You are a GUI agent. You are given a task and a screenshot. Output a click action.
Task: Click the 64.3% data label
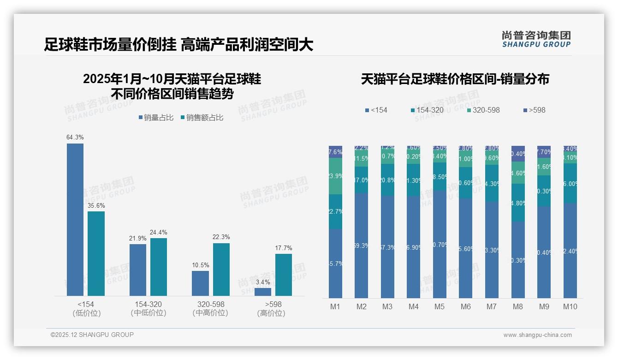[75, 137]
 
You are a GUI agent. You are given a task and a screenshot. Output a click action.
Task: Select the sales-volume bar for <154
[75, 220]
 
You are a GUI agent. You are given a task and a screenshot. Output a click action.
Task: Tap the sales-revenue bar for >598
[284, 275]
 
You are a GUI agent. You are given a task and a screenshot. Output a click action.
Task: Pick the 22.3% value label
[221, 237]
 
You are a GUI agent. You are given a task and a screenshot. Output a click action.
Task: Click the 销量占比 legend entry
[156, 118]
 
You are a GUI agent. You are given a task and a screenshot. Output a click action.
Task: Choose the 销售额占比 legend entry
[202, 118]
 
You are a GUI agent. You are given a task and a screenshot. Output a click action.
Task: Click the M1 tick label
[335, 306]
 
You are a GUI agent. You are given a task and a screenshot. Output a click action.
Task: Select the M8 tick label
[518, 306]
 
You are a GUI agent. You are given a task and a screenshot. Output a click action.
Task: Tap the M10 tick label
[570, 306]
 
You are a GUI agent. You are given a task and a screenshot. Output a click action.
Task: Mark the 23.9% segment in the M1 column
[335, 176]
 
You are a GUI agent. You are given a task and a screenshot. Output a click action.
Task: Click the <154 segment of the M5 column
[440, 245]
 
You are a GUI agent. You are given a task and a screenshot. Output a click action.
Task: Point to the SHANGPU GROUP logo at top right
[536, 39]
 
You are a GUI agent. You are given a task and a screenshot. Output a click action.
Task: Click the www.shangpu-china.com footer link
[537, 335]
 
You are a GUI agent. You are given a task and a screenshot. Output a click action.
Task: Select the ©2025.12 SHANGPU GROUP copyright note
[92, 335]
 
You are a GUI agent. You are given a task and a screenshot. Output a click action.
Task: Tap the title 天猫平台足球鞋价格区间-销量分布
[455, 79]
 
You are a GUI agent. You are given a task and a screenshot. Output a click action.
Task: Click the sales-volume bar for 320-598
[200, 283]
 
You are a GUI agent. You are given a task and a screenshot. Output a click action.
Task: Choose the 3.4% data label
[263, 282]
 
